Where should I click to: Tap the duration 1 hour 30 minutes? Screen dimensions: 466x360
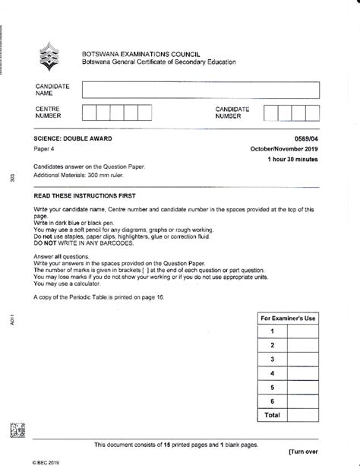(x=292, y=161)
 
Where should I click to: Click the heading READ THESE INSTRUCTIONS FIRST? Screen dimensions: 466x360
(x=87, y=195)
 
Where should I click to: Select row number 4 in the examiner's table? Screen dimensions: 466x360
(x=270, y=373)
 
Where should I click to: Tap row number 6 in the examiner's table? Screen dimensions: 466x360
(x=270, y=401)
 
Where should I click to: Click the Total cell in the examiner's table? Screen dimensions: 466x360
(x=270, y=415)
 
